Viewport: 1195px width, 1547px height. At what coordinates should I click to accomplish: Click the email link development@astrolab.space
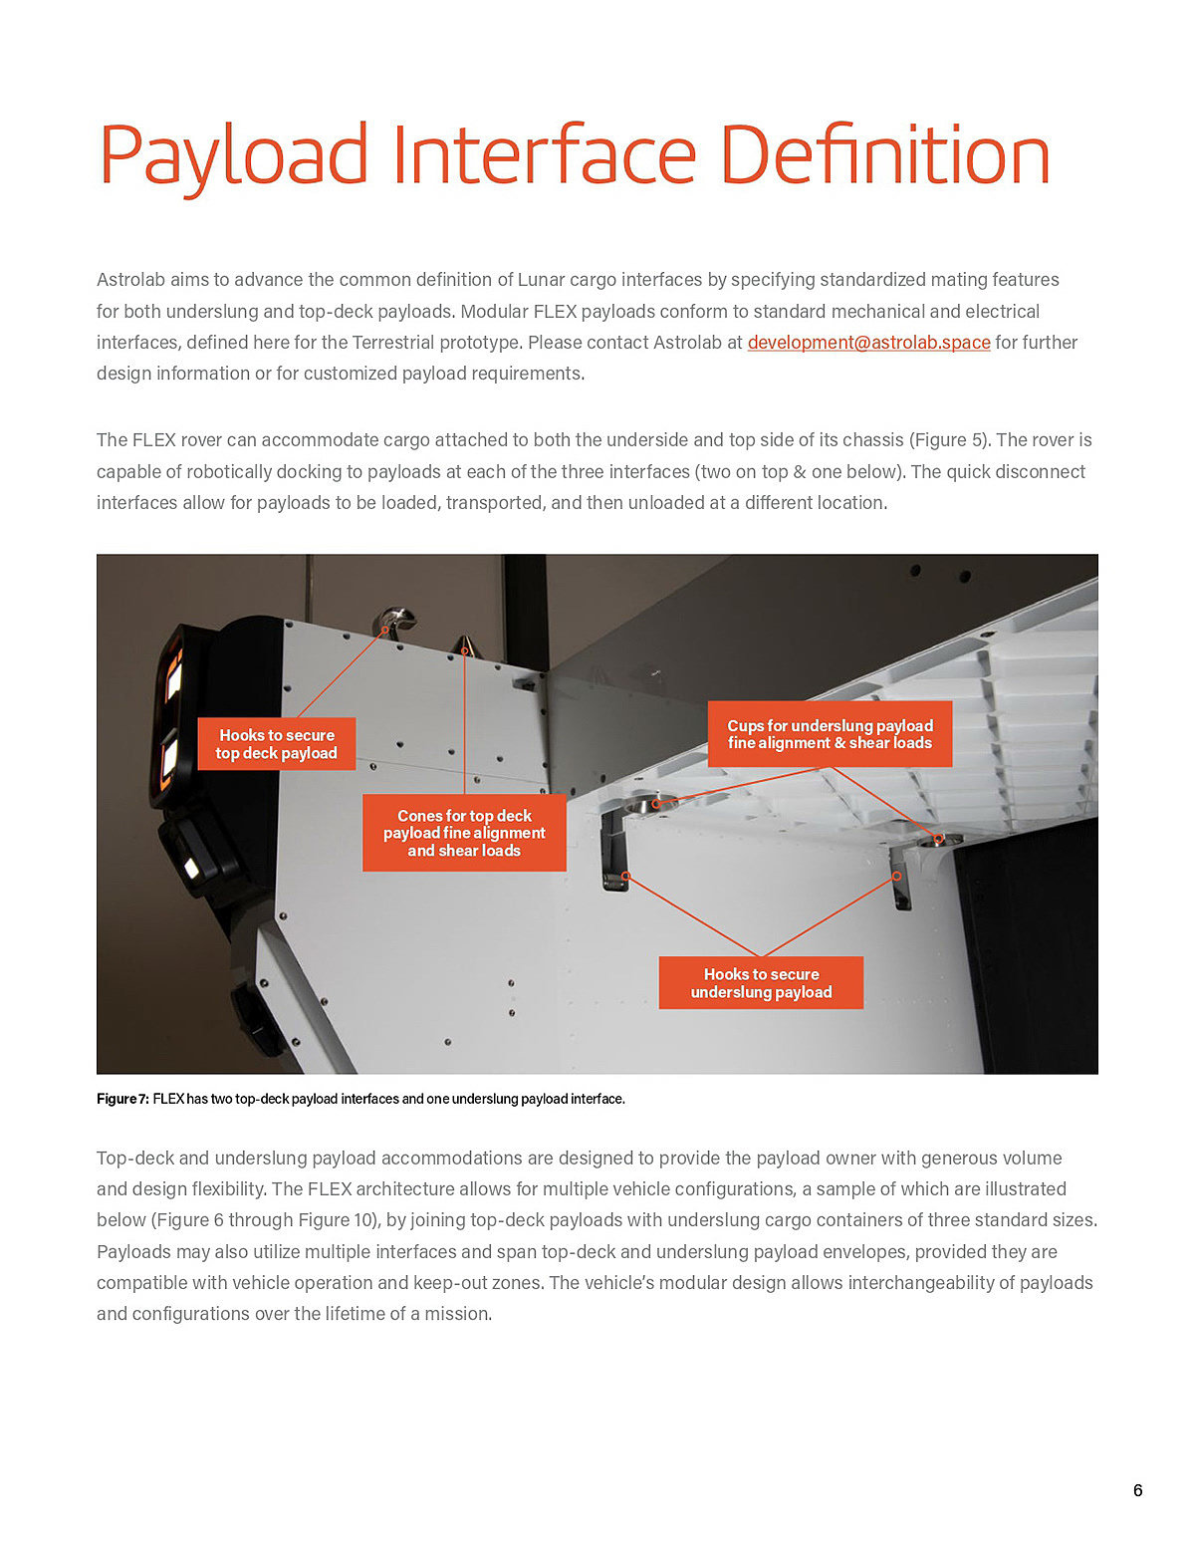pos(868,343)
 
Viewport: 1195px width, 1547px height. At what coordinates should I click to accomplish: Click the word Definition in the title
pos(884,156)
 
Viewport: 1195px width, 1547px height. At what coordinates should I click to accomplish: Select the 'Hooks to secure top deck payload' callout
pos(277,744)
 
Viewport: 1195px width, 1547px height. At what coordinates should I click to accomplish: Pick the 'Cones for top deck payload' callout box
pos(464,833)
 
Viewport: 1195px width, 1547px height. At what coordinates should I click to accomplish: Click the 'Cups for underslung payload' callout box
pos(830,734)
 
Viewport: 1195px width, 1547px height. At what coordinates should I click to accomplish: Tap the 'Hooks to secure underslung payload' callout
pos(761,983)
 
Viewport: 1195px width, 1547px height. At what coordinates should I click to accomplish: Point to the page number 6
pos(1137,1490)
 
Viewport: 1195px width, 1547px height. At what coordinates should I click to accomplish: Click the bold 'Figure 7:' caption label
pos(122,1099)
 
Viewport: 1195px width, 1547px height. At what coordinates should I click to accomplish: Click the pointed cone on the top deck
pos(465,644)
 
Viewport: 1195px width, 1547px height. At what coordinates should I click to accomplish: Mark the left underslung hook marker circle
pos(626,877)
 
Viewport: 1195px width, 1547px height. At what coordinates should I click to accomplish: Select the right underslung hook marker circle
pos(896,877)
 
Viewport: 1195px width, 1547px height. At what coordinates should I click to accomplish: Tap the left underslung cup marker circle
pos(656,803)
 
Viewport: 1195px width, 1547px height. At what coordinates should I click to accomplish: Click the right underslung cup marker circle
pos(938,839)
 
